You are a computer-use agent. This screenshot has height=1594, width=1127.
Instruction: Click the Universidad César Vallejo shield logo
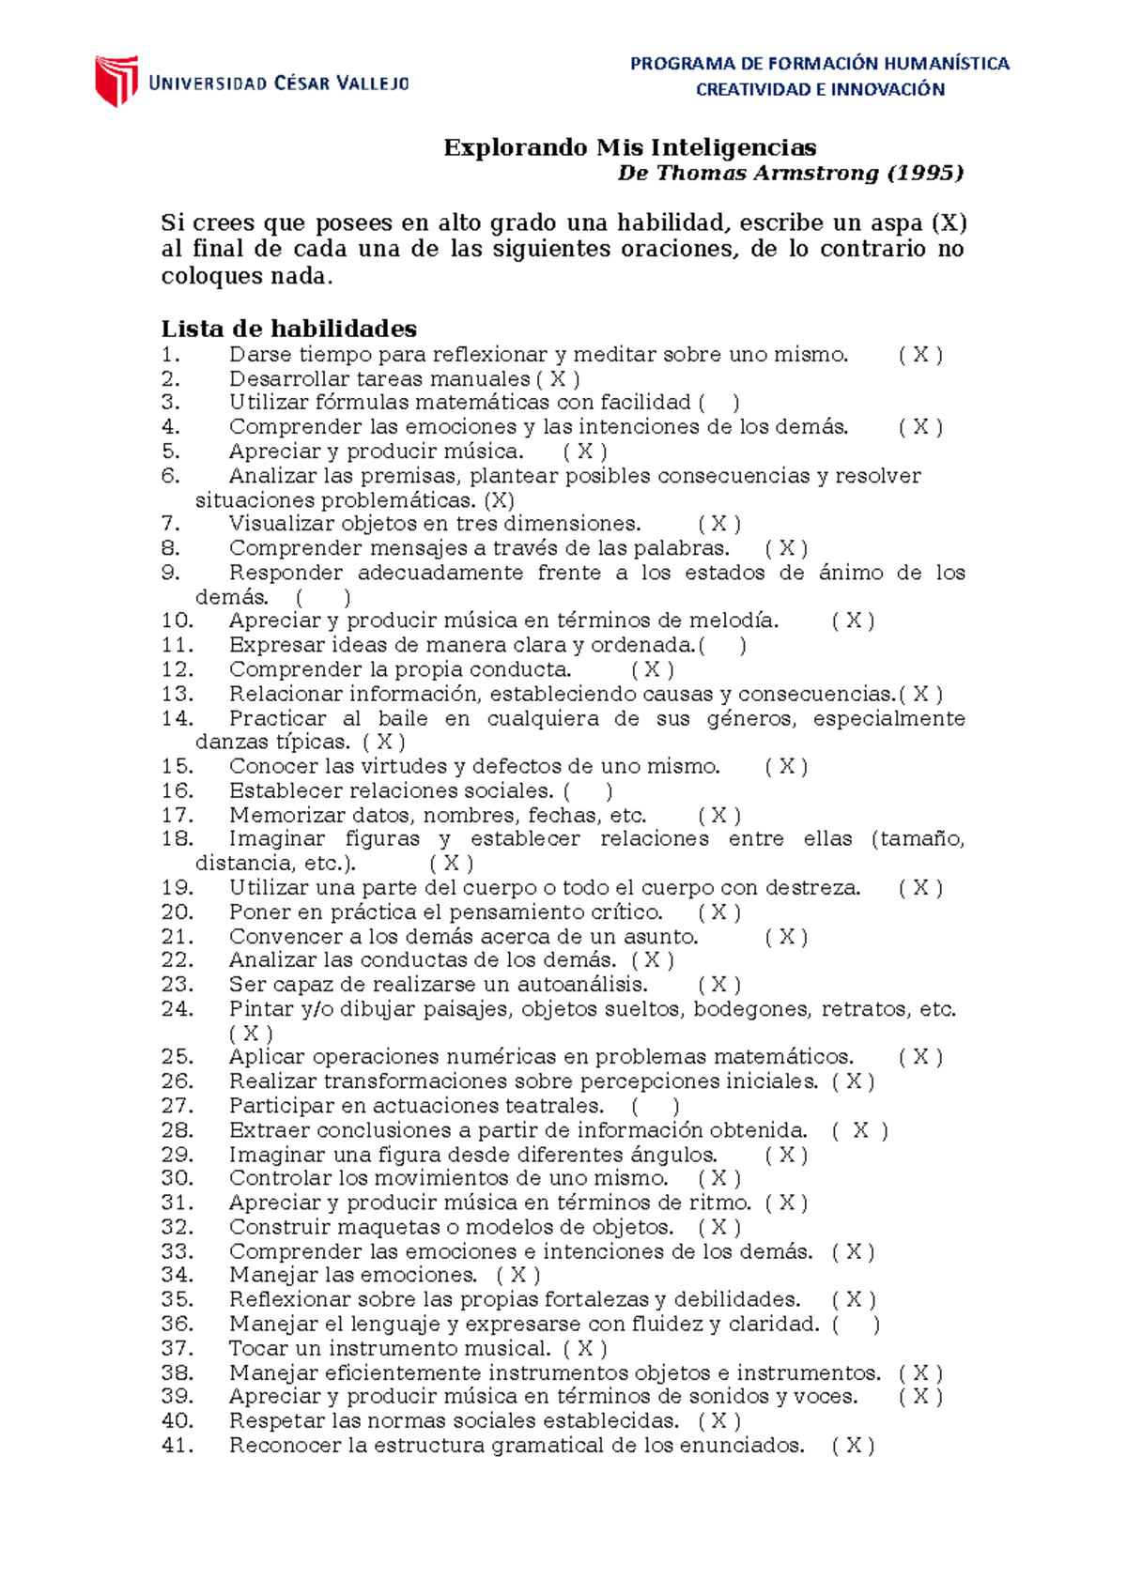tap(116, 81)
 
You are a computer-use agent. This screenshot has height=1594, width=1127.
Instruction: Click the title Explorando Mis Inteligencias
tap(629, 147)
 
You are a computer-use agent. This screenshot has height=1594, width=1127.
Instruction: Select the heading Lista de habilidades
tap(288, 329)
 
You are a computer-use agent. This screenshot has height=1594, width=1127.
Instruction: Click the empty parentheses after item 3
tap(718, 403)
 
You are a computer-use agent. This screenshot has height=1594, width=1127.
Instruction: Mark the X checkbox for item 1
tap(920, 355)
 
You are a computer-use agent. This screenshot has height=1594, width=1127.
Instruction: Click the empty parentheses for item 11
tap(723, 646)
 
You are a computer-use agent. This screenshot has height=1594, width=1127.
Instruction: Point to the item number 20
tap(177, 912)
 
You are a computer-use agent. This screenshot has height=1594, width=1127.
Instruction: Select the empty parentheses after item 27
tap(656, 1107)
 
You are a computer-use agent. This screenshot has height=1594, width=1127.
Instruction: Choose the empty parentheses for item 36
tap(856, 1325)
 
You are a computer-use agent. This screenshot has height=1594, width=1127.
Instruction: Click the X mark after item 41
tap(853, 1446)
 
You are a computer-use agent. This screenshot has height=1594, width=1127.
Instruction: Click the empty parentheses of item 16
tap(588, 791)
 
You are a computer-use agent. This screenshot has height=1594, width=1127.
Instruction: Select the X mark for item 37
tap(585, 1349)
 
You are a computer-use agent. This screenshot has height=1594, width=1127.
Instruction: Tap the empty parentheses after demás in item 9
tap(323, 598)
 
